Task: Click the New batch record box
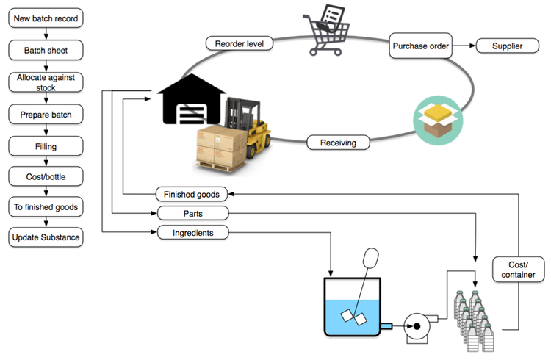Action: point(46,18)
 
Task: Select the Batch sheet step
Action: point(46,50)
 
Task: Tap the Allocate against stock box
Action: point(46,82)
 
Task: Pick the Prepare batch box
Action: point(46,115)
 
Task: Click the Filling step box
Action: point(46,146)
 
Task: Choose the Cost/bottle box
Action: point(46,176)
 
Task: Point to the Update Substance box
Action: point(46,237)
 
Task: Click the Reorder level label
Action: point(240,43)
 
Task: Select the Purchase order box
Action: point(421,46)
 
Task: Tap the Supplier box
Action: point(508,46)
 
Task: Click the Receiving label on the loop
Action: point(338,143)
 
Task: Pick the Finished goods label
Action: point(192,194)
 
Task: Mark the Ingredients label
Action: point(193,233)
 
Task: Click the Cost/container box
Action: point(519,270)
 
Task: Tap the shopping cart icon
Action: point(327,31)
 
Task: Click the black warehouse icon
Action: point(192,99)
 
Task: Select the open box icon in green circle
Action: point(438,120)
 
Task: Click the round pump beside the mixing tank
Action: point(417,327)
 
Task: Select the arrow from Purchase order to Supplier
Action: point(464,46)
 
